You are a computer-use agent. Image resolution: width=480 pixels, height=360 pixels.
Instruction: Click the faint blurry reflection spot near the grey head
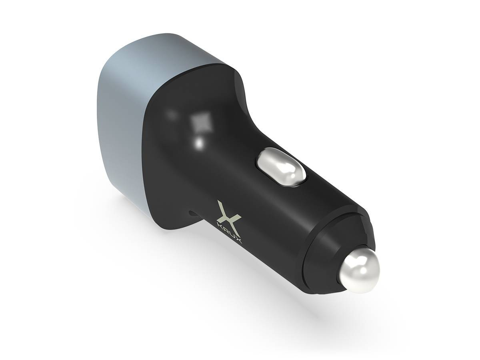pyautogui.click(x=172, y=114)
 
